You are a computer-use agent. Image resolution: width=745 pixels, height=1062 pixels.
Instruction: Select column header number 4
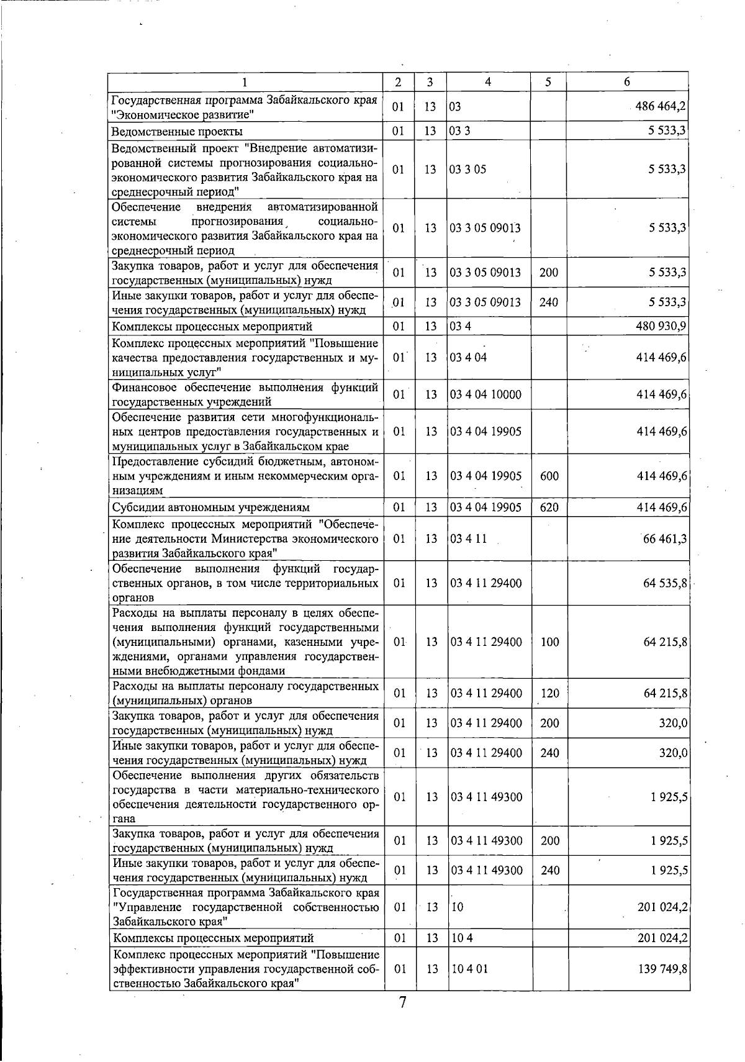coord(488,81)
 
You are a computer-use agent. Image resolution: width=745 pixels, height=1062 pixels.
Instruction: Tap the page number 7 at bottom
coord(402,1002)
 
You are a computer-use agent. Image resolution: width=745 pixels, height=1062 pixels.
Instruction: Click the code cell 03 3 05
coord(468,169)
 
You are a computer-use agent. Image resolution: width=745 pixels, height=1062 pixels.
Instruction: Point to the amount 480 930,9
coord(661,326)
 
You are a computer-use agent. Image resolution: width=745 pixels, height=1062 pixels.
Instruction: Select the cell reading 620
coord(549,507)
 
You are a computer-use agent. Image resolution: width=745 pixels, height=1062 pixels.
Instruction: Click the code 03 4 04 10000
coord(485,394)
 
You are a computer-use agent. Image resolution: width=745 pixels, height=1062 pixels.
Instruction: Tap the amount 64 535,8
coord(664,583)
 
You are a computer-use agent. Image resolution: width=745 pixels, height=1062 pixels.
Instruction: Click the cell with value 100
coord(549,642)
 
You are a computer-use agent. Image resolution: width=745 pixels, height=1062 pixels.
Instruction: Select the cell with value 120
coord(549,693)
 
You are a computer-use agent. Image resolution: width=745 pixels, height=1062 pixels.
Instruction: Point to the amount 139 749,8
coord(662,968)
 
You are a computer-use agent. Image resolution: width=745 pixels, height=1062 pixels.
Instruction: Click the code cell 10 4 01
coord(469,968)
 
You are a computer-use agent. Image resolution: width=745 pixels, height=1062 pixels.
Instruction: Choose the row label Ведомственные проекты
coord(177,131)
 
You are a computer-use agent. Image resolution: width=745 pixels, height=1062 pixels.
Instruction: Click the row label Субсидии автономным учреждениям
coord(210,507)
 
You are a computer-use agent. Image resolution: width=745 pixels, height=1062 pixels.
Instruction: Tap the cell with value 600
coord(549,476)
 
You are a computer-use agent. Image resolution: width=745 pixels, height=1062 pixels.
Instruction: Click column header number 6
coord(627,81)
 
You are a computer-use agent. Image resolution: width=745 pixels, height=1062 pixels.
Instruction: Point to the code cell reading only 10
coord(458,906)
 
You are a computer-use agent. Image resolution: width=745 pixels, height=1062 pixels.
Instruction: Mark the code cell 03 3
coord(460,131)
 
